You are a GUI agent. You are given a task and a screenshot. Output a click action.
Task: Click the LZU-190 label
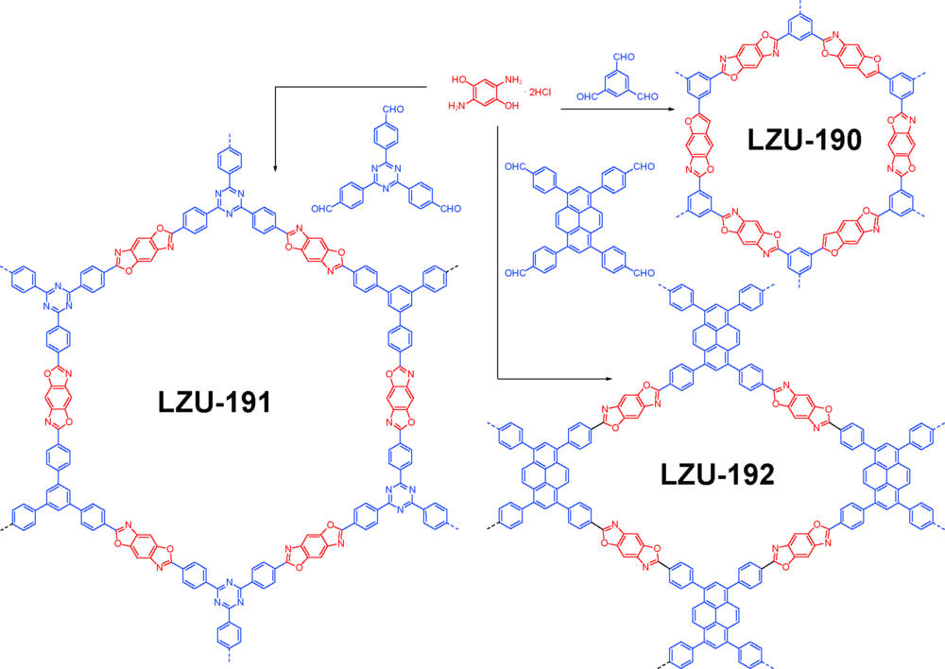pos(804,140)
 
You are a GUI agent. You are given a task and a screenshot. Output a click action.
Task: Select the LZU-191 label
pos(215,402)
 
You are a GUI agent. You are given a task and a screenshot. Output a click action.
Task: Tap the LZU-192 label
pos(717,474)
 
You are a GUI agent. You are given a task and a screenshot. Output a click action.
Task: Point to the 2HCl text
pos(540,93)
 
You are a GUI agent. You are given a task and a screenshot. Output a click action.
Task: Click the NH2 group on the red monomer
pos(513,79)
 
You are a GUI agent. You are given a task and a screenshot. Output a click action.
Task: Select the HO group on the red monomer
pos(459,79)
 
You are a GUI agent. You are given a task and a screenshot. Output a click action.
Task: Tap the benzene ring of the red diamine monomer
pos(486,93)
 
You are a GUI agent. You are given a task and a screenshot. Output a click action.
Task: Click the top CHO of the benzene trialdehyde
pos(624,57)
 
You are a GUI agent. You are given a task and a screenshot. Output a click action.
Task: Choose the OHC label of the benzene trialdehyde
pos(587,96)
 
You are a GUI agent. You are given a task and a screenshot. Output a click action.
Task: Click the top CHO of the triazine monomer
pos(393,109)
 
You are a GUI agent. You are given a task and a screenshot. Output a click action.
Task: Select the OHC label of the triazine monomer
pos(322,209)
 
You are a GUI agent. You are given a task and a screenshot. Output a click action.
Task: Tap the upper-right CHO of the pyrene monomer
pos(644,166)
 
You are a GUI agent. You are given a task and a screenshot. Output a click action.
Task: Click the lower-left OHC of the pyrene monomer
pos(516,273)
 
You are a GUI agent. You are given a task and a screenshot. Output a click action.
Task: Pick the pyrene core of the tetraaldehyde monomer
pos(578,220)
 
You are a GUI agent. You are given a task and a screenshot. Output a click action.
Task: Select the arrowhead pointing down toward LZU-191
pos(275,168)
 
